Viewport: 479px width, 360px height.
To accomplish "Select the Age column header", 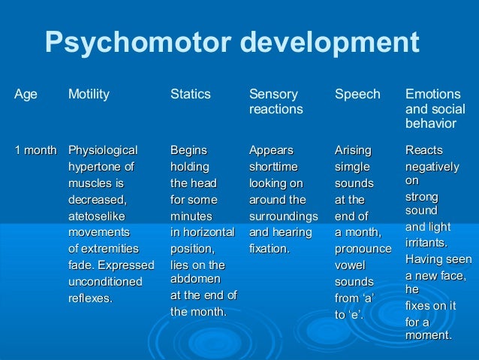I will (26, 95).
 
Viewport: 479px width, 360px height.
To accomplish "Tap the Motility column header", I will (89, 95).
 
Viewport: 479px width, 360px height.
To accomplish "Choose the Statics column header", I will (191, 95).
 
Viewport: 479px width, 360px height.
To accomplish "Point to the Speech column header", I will (357, 95).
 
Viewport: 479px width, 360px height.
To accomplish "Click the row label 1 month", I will (35, 150).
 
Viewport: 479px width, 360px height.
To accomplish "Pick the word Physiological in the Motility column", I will (103, 150).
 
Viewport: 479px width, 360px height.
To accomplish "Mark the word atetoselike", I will (98, 216).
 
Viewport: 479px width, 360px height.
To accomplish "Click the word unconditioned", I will (105, 281).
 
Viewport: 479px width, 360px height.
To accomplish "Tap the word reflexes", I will (90, 298).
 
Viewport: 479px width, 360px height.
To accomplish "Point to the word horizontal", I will (209, 232).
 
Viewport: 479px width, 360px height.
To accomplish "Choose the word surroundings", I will (283, 216).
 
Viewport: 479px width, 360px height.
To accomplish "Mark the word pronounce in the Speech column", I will (363, 249).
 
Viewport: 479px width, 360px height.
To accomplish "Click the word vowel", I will (350, 265).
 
